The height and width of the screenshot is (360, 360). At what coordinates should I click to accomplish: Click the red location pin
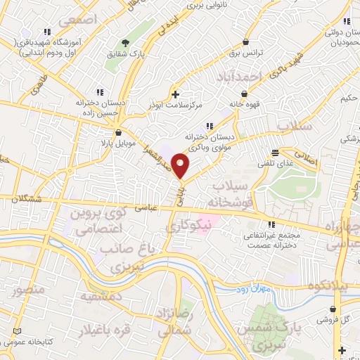coord(181,167)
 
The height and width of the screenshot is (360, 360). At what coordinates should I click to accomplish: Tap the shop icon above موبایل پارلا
coord(118,131)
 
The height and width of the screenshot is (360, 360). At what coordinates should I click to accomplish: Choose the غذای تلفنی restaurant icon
coord(275,153)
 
